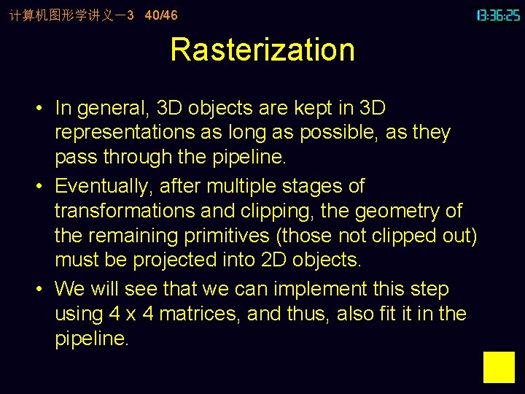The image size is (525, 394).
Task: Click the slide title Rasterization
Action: click(x=262, y=50)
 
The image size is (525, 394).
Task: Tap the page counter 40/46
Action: click(x=161, y=15)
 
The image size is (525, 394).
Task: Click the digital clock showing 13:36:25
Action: click(x=498, y=15)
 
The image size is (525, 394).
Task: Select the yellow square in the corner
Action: click(x=499, y=367)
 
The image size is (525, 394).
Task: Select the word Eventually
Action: click(x=103, y=187)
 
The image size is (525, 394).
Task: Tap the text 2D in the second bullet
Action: click(x=268, y=260)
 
